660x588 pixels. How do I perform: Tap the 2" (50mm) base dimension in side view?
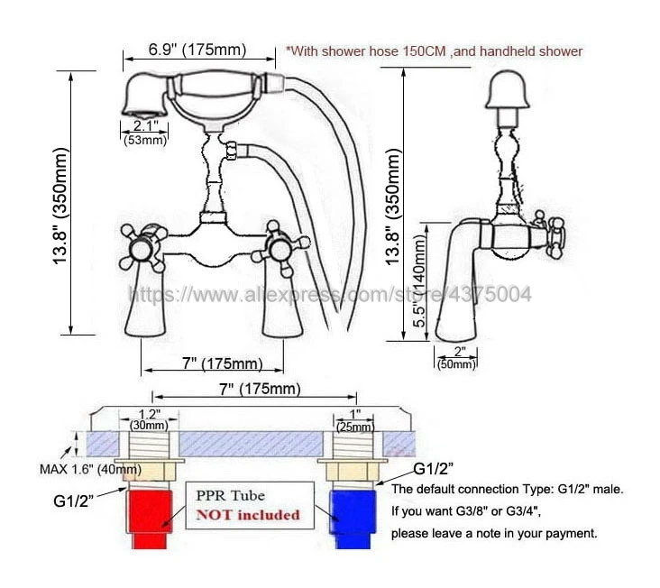(x=457, y=358)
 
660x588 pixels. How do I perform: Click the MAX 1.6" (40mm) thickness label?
(x=89, y=469)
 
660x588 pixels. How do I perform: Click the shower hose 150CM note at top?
(x=434, y=51)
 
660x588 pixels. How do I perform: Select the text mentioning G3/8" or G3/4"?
(x=491, y=511)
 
